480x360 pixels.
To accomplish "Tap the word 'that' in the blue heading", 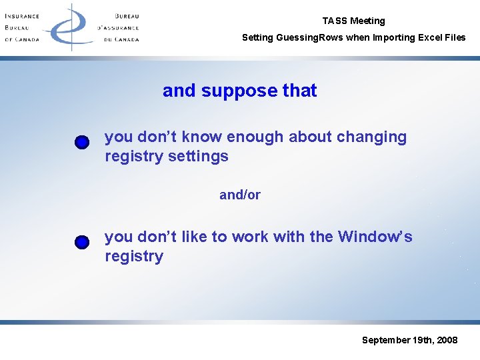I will click(300, 91).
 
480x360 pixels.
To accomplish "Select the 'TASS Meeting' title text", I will click(353, 21).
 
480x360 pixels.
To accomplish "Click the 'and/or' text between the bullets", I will click(240, 195).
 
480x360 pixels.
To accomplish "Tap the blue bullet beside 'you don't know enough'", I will click(81, 143).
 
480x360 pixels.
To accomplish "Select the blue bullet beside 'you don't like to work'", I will click(81, 242).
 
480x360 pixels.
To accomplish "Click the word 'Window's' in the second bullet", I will click(375, 237).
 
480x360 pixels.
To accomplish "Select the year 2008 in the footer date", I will click(446, 340).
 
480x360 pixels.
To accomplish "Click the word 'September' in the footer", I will click(386, 340).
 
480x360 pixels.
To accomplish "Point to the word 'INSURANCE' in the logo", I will click(22, 16).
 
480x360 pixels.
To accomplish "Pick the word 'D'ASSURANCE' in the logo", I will click(118, 27).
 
